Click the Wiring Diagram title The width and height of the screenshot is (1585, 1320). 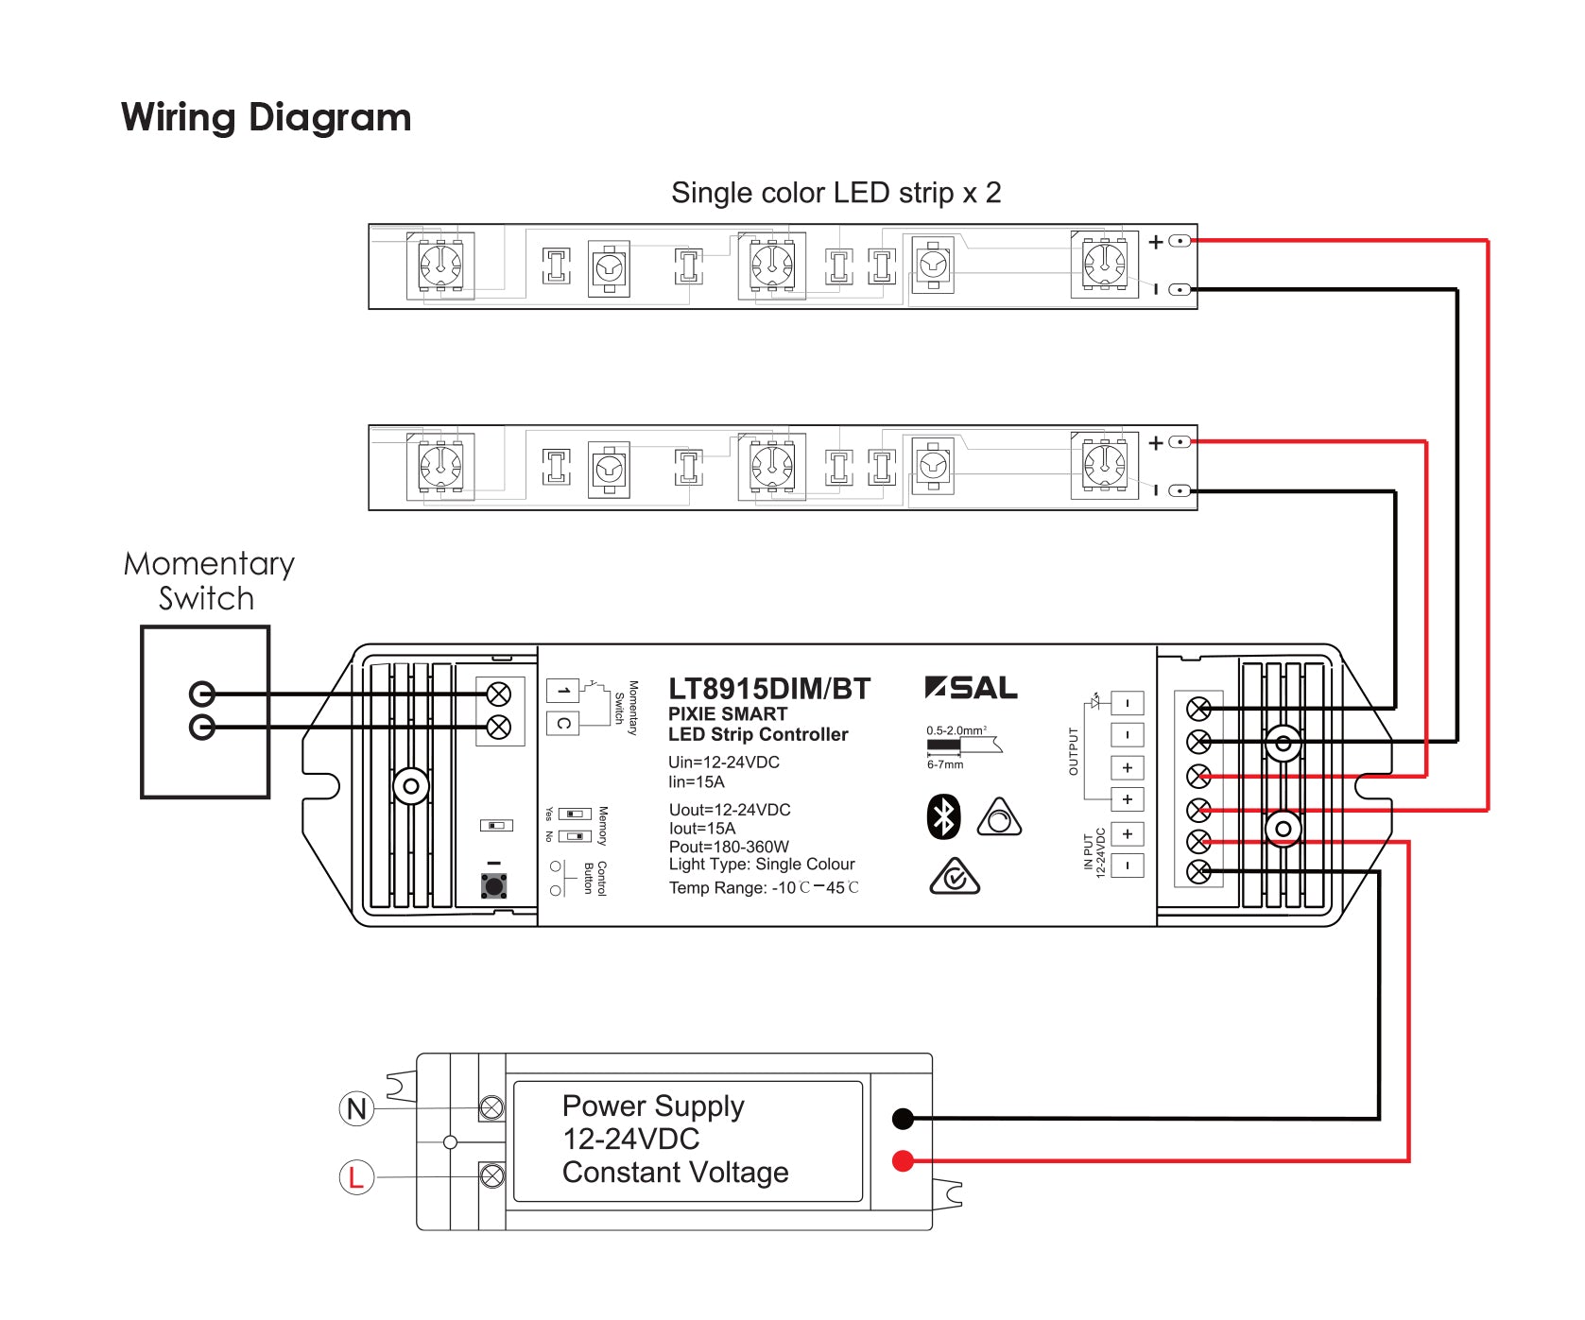266,118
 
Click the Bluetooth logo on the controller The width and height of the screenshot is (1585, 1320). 943,817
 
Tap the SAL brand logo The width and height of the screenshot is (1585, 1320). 972,688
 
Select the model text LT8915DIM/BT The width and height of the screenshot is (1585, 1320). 768,689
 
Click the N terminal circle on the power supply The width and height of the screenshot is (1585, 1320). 356,1108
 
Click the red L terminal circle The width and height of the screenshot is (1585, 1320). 356,1177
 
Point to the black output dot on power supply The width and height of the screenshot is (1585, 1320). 903,1119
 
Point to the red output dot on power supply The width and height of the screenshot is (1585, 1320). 903,1160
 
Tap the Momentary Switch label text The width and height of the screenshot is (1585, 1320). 209,581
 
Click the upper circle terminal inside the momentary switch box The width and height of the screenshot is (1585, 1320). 202,694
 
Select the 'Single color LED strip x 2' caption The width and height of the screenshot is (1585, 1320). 836,193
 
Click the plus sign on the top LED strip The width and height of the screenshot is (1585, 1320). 1156,242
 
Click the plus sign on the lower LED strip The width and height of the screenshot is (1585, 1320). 1156,442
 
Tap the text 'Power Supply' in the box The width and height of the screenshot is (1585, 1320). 653,1106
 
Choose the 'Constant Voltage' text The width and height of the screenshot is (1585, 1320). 675,1173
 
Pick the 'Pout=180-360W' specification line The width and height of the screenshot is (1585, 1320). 728,847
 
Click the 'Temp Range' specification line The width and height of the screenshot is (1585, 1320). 764,888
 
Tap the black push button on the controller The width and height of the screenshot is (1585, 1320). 493,885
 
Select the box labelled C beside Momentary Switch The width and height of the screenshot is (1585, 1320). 563,724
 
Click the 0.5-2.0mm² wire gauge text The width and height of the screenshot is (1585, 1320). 956,730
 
